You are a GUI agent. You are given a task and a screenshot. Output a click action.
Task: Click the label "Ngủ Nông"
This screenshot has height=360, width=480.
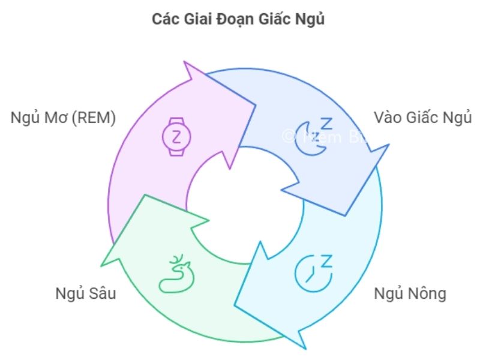(x=410, y=294)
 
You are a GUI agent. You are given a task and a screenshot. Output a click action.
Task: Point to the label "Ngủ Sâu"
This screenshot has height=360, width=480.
(x=85, y=294)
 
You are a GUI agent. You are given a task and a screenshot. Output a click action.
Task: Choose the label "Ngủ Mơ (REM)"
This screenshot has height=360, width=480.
(x=63, y=118)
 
